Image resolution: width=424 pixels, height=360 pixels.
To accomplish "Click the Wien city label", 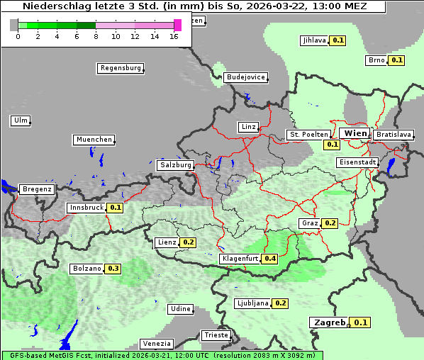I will point(355,133).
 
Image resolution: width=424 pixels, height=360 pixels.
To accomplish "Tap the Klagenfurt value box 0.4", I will point(270,259).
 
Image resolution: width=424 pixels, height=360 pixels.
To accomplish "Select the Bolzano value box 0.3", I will point(113,269).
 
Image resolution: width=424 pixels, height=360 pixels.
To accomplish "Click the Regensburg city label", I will point(120,69).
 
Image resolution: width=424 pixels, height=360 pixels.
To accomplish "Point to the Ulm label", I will point(20,120).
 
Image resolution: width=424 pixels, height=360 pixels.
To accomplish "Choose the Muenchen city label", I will point(94,140).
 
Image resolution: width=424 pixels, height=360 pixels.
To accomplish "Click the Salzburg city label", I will point(176,165).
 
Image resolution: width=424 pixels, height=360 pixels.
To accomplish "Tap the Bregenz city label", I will point(37,189).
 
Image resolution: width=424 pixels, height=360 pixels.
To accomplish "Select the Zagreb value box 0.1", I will point(361,322).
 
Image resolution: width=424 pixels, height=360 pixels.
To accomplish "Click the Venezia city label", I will point(156,343).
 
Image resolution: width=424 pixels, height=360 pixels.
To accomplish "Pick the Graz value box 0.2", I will point(330,223).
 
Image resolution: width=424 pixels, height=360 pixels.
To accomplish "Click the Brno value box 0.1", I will point(396,60).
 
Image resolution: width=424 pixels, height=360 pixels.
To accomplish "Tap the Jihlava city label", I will point(314,40).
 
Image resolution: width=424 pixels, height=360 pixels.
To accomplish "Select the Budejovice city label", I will point(245,77).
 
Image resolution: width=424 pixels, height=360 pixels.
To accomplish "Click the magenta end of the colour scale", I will point(177,25).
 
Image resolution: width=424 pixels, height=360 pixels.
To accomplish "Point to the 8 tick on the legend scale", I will point(96,35).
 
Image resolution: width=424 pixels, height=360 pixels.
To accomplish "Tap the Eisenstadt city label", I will point(357,162).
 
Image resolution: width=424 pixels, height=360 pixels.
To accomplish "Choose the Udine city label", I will point(180,309).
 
